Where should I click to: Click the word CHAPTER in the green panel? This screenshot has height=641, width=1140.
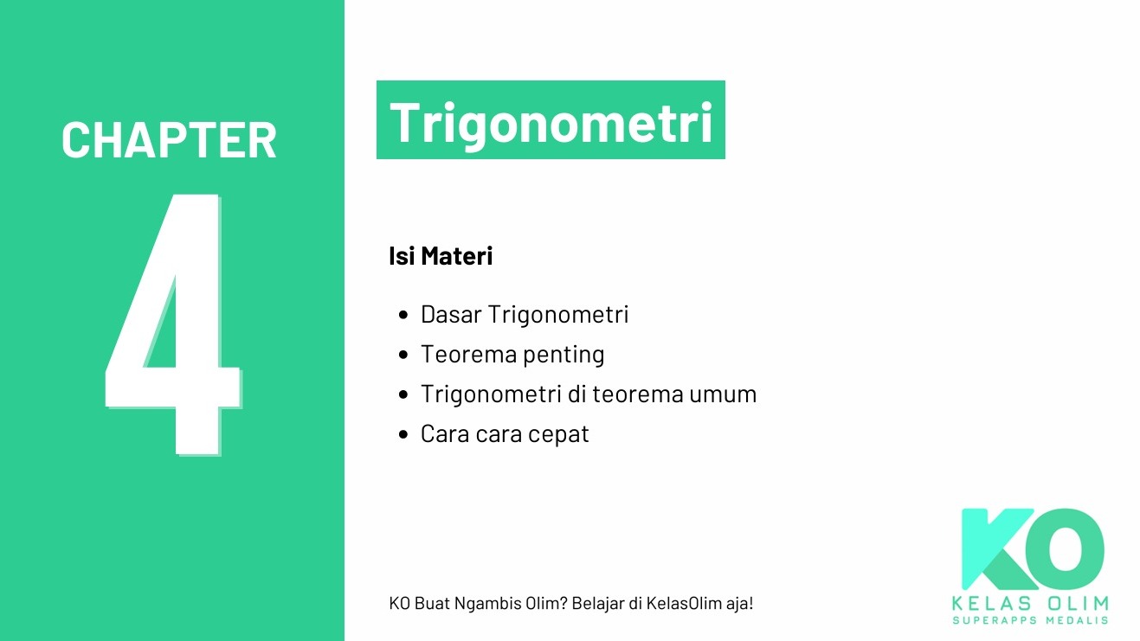coord(169,140)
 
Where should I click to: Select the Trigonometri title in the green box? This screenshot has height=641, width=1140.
coord(551,122)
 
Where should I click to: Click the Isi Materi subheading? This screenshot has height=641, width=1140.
coord(441,257)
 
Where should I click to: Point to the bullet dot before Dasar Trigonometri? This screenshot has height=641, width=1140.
coord(403,315)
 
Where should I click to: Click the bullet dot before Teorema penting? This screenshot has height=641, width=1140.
coord(403,355)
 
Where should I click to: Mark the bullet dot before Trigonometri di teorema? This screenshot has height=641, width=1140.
coord(403,394)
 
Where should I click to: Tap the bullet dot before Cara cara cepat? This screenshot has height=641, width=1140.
coord(403,434)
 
